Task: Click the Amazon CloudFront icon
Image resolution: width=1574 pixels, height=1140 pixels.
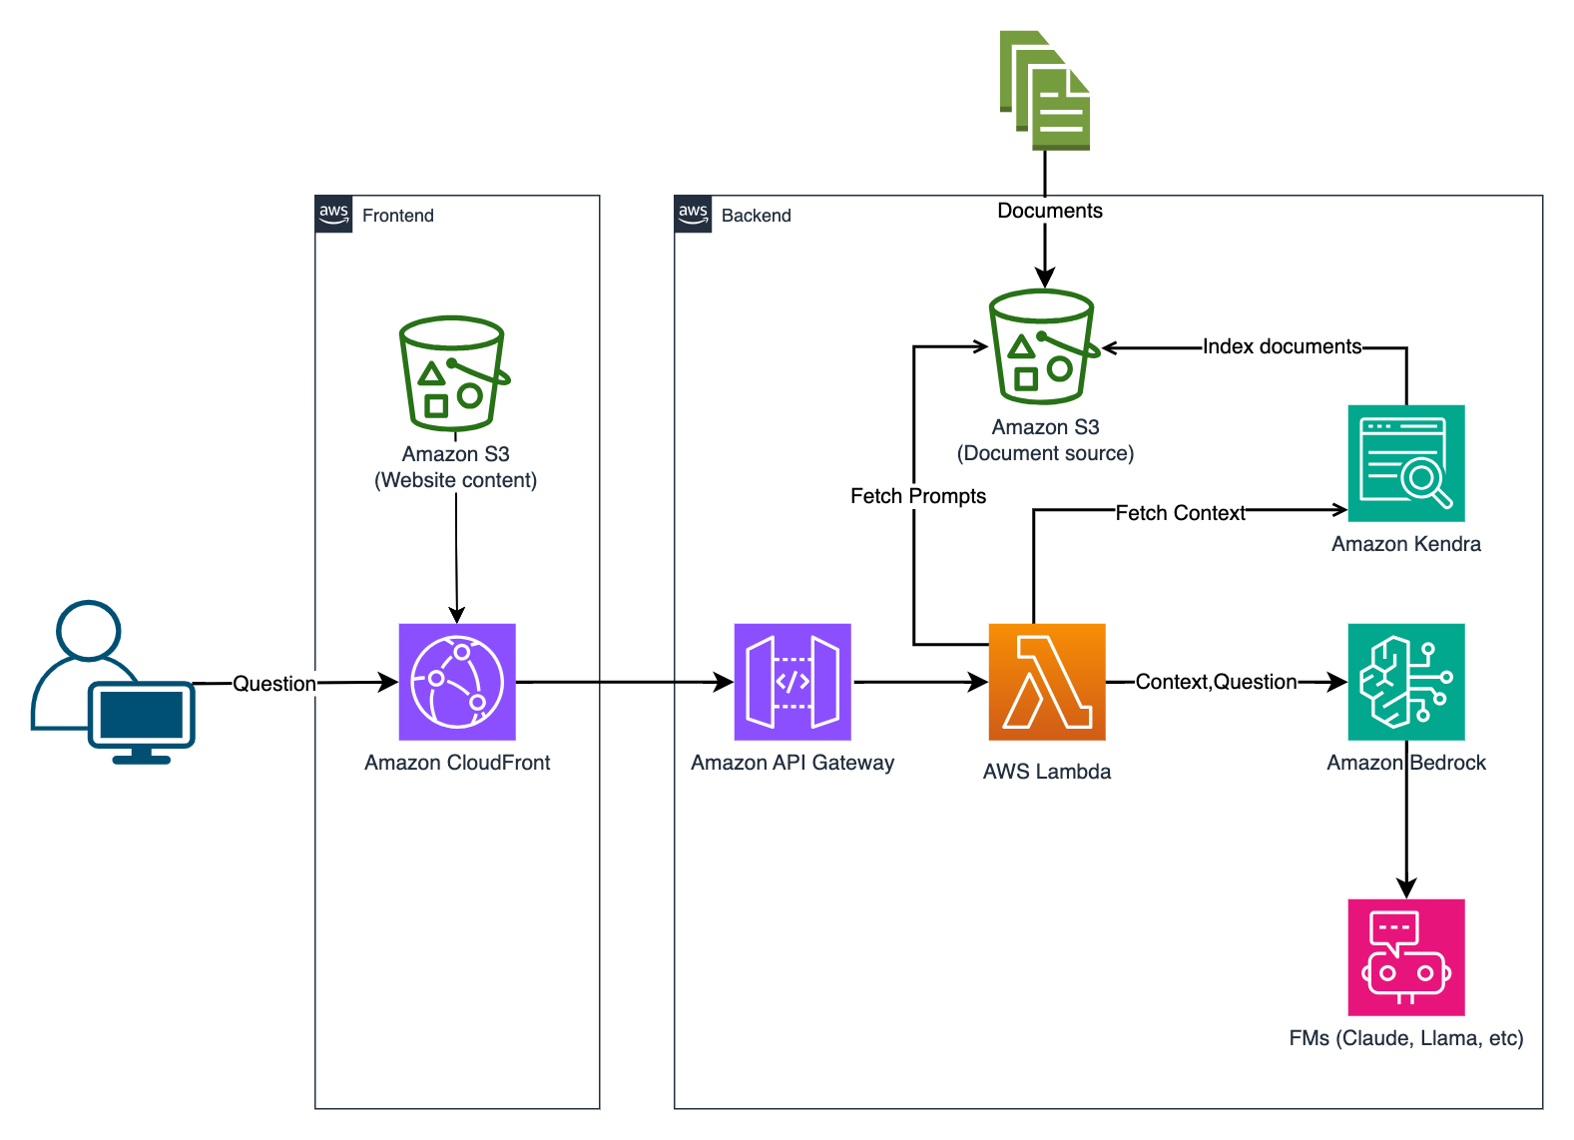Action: pyautogui.click(x=457, y=682)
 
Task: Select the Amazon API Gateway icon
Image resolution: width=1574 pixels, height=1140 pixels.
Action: pyautogui.click(x=792, y=682)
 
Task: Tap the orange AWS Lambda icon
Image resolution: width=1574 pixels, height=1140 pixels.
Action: pyautogui.click(x=1047, y=682)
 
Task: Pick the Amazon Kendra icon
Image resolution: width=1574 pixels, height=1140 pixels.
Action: pyautogui.click(x=1406, y=463)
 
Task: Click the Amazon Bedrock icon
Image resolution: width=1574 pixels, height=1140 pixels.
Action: pyautogui.click(x=1406, y=682)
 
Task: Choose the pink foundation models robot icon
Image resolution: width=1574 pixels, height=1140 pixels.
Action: pyautogui.click(x=1406, y=957)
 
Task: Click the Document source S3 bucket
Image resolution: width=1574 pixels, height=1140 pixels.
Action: pyautogui.click(x=1043, y=347)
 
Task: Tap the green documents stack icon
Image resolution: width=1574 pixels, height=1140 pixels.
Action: pyautogui.click(x=1045, y=91)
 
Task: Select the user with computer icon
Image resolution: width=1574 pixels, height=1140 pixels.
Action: pyautogui.click(x=112, y=683)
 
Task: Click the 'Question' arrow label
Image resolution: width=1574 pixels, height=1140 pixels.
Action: pyautogui.click(x=274, y=684)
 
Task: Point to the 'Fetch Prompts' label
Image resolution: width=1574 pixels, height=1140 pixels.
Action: pyautogui.click(x=918, y=496)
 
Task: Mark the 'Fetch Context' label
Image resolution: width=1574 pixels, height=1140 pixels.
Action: pyautogui.click(x=1180, y=513)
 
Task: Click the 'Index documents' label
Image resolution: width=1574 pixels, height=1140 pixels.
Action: pyautogui.click(x=1282, y=346)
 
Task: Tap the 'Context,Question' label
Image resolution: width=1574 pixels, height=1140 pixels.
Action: pyautogui.click(x=1216, y=682)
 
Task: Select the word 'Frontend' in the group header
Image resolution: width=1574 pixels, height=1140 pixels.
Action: pyautogui.click(x=397, y=216)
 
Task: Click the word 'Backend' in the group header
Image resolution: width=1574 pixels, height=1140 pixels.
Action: pyautogui.click(x=756, y=216)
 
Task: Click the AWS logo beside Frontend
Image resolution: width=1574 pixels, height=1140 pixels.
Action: pyautogui.click(x=333, y=214)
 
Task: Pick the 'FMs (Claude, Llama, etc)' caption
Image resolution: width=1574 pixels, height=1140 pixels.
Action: pyautogui.click(x=1405, y=1038)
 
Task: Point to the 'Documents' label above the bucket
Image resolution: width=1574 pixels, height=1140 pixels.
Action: pyautogui.click(x=1050, y=211)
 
